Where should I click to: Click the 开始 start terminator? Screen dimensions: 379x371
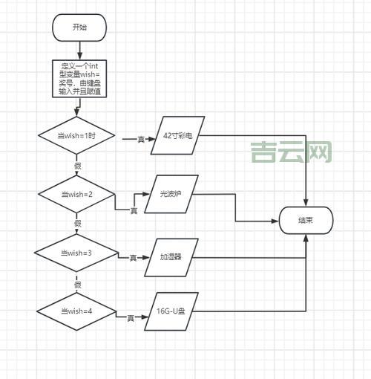click(79, 27)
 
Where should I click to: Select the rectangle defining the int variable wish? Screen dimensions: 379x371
click(79, 79)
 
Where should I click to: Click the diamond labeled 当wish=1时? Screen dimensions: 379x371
click(76, 136)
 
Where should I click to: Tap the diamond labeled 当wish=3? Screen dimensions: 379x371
click(76, 253)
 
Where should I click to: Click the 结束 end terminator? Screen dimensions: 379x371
click(305, 220)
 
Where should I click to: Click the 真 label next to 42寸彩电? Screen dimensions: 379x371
click(141, 138)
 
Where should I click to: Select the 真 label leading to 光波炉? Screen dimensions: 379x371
click(134, 211)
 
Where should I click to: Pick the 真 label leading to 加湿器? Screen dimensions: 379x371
click(134, 258)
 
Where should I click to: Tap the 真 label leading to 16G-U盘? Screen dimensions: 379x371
click(131, 318)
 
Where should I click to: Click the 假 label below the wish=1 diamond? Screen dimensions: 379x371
click(78, 165)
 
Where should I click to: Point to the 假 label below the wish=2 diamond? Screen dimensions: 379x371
click(77, 223)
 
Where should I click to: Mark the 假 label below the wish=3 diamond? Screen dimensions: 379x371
click(77, 284)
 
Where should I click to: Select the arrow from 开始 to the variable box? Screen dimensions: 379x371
click(79, 50)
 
